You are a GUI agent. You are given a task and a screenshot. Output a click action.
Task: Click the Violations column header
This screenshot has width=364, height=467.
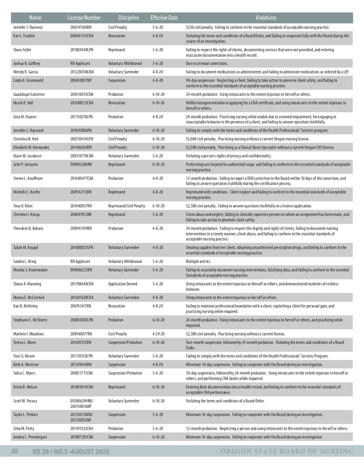[266, 18]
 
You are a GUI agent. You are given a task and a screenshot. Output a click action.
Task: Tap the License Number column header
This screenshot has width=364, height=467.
[84, 18]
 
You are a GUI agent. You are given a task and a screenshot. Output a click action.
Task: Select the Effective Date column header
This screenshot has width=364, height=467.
[164, 18]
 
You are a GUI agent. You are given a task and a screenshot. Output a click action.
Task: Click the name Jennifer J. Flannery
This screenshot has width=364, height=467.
[28, 27]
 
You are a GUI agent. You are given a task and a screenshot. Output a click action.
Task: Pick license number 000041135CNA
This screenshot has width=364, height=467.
[82, 36]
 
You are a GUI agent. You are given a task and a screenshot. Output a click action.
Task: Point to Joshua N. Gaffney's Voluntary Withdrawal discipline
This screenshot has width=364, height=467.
[125, 63]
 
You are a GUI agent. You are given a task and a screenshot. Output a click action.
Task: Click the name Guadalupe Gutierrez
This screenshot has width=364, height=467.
[29, 94]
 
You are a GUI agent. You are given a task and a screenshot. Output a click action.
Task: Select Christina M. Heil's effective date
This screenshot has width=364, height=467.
[158, 139]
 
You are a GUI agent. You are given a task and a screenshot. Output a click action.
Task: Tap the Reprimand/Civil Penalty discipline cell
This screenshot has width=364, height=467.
[126, 206]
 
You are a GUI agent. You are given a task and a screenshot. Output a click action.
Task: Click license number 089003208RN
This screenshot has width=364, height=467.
[81, 164]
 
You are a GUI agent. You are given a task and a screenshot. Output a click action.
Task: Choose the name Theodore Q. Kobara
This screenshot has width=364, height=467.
[28, 228]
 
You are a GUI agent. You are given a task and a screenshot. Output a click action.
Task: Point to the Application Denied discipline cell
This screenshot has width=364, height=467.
[123, 284]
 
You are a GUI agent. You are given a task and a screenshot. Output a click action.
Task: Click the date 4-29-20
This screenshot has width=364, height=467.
[158, 334]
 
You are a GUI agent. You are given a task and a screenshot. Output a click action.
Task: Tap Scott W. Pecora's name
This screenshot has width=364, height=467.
[25, 401]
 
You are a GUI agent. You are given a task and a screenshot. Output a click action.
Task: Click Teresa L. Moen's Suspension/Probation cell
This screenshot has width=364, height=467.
[125, 342]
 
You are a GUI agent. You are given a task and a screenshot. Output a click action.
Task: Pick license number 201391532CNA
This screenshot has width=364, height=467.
[82, 428]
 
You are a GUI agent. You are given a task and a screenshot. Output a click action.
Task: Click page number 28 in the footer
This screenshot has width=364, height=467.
[14, 451]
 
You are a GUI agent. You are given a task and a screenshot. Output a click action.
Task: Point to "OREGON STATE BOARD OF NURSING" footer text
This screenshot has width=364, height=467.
[287, 451]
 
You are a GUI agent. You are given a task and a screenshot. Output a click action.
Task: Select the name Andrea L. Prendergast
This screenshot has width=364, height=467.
[30, 437]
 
